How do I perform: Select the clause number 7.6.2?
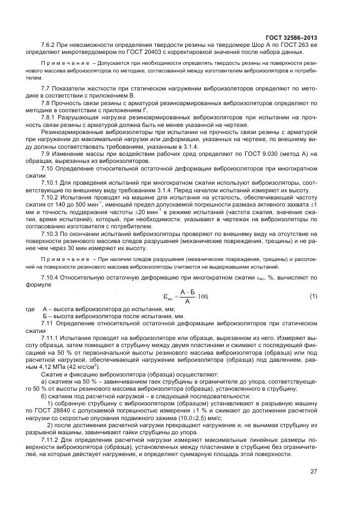pyautogui.click(x=50, y=44)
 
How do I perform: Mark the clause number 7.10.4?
pyautogui.click(x=52, y=279)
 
